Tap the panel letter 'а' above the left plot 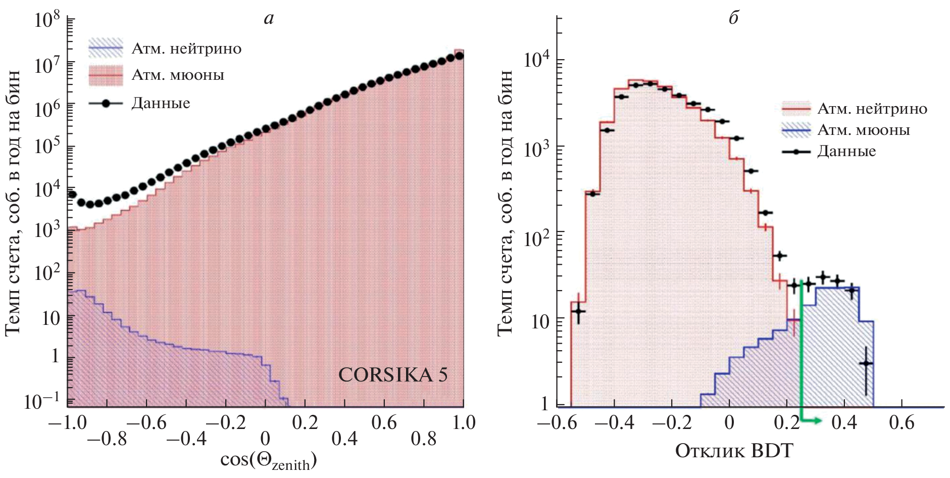[x=269, y=19]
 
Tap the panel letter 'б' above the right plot [x=734, y=19]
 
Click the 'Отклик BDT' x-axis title [x=734, y=450]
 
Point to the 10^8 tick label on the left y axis [x=47, y=21]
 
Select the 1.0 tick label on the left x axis [x=463, y=422]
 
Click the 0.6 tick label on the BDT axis [x=902, y=422]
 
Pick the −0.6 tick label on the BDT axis [x=557, y=422]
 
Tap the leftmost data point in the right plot [x=578, y=311]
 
